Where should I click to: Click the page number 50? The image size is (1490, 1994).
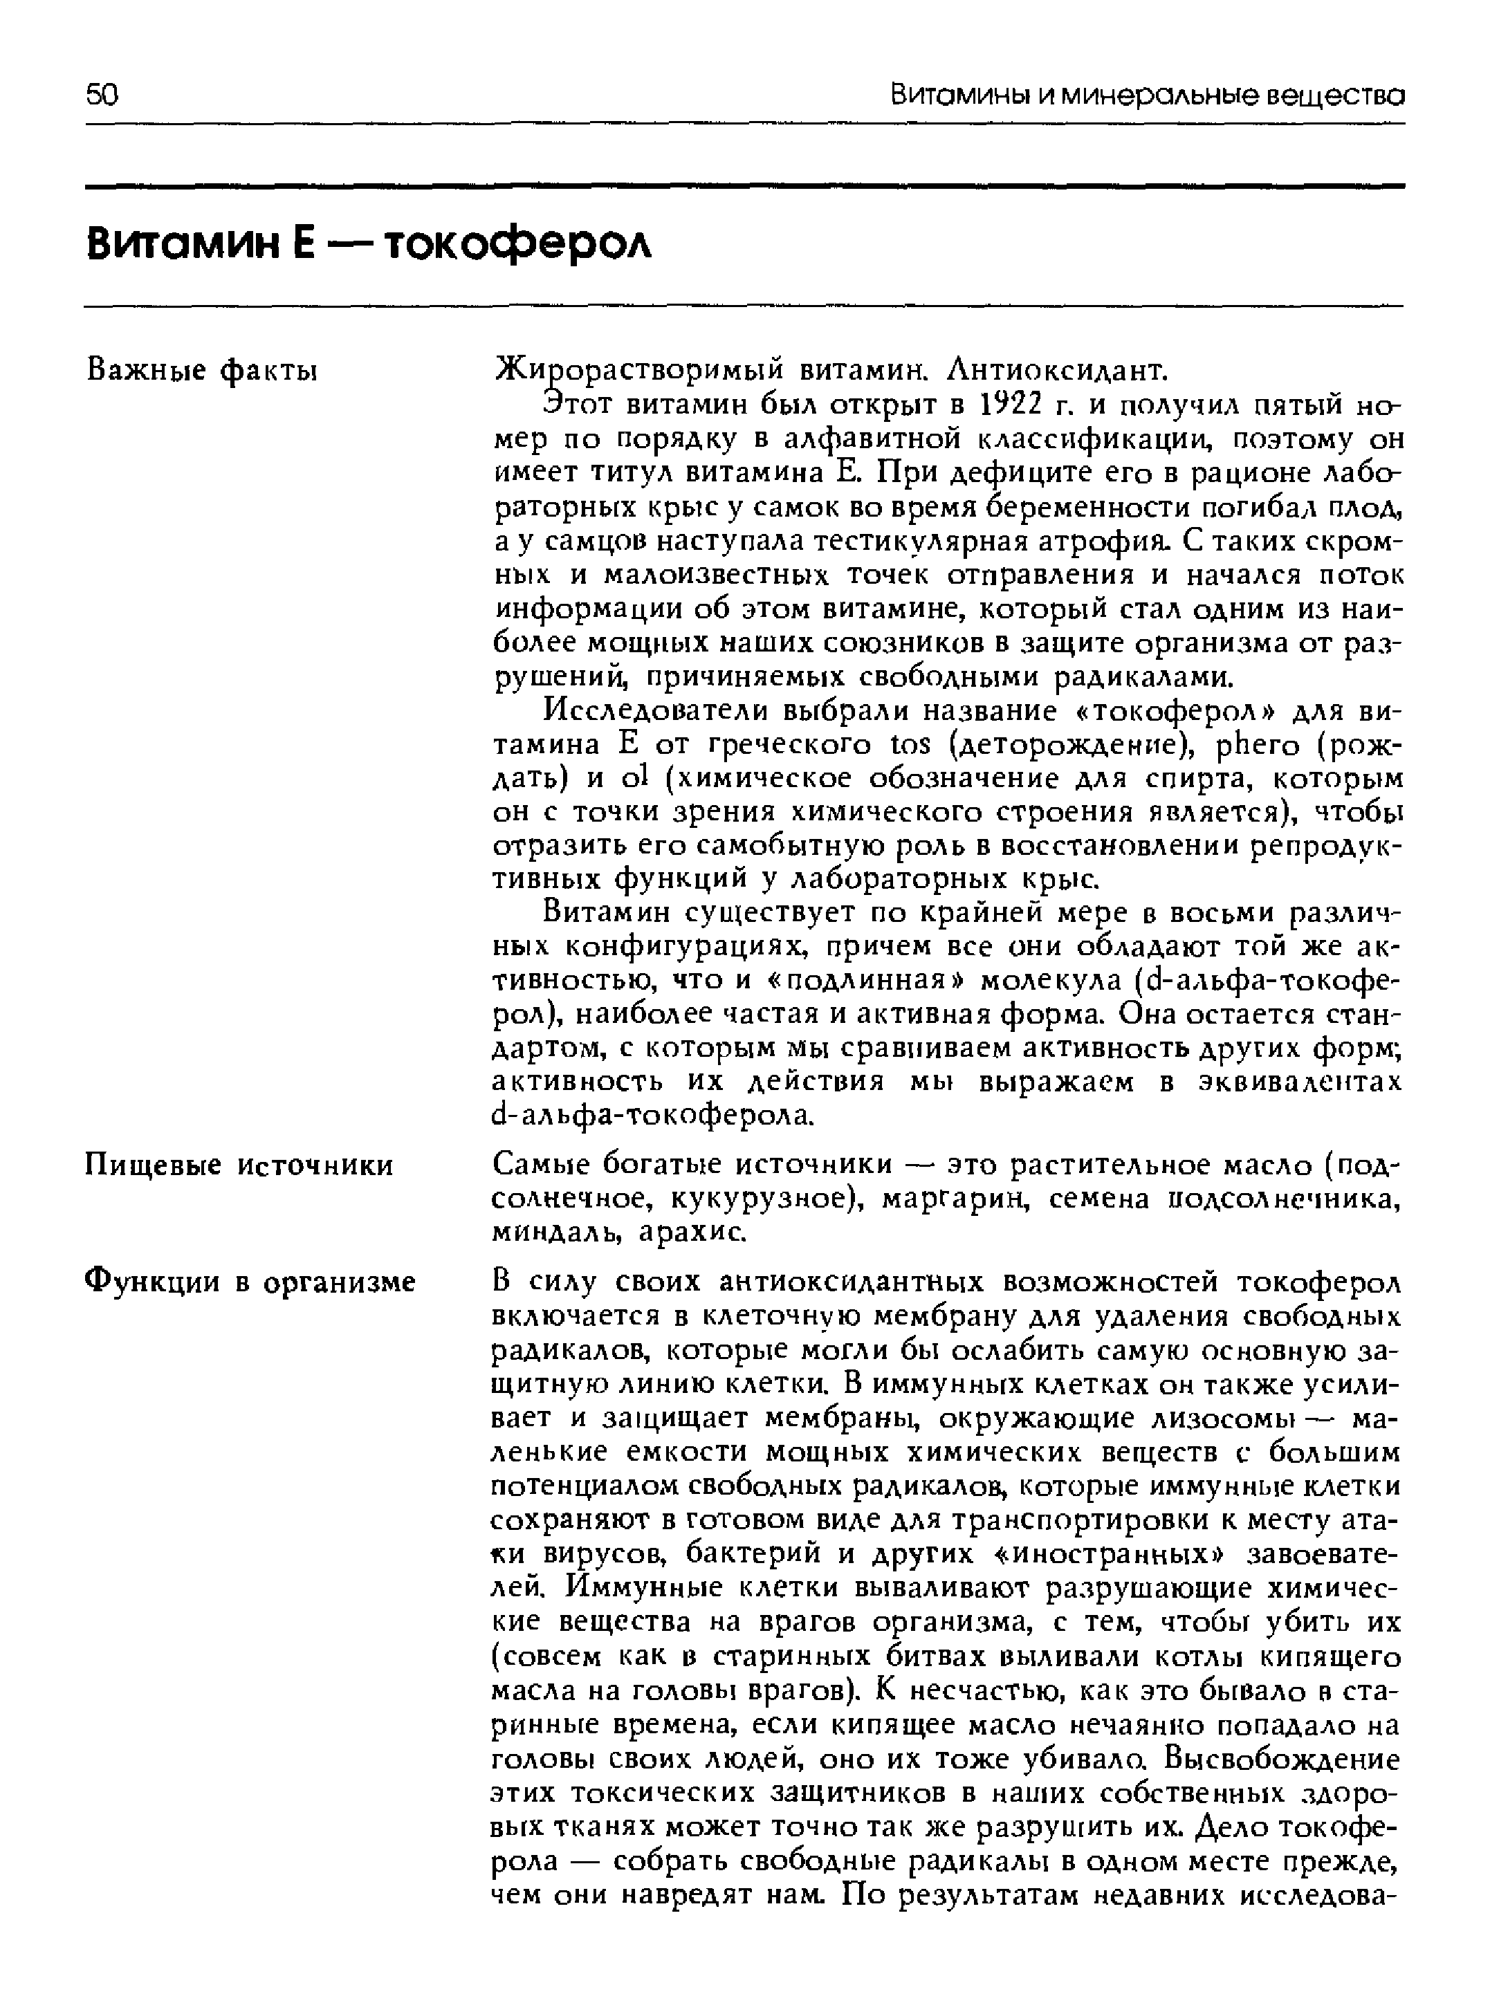tap(102, 95)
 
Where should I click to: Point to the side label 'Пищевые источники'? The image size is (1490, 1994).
tap(239, 1165)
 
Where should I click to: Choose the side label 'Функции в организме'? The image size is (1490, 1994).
tap(250, 1281)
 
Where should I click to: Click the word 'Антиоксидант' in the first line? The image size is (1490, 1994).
tap(1046, 371)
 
